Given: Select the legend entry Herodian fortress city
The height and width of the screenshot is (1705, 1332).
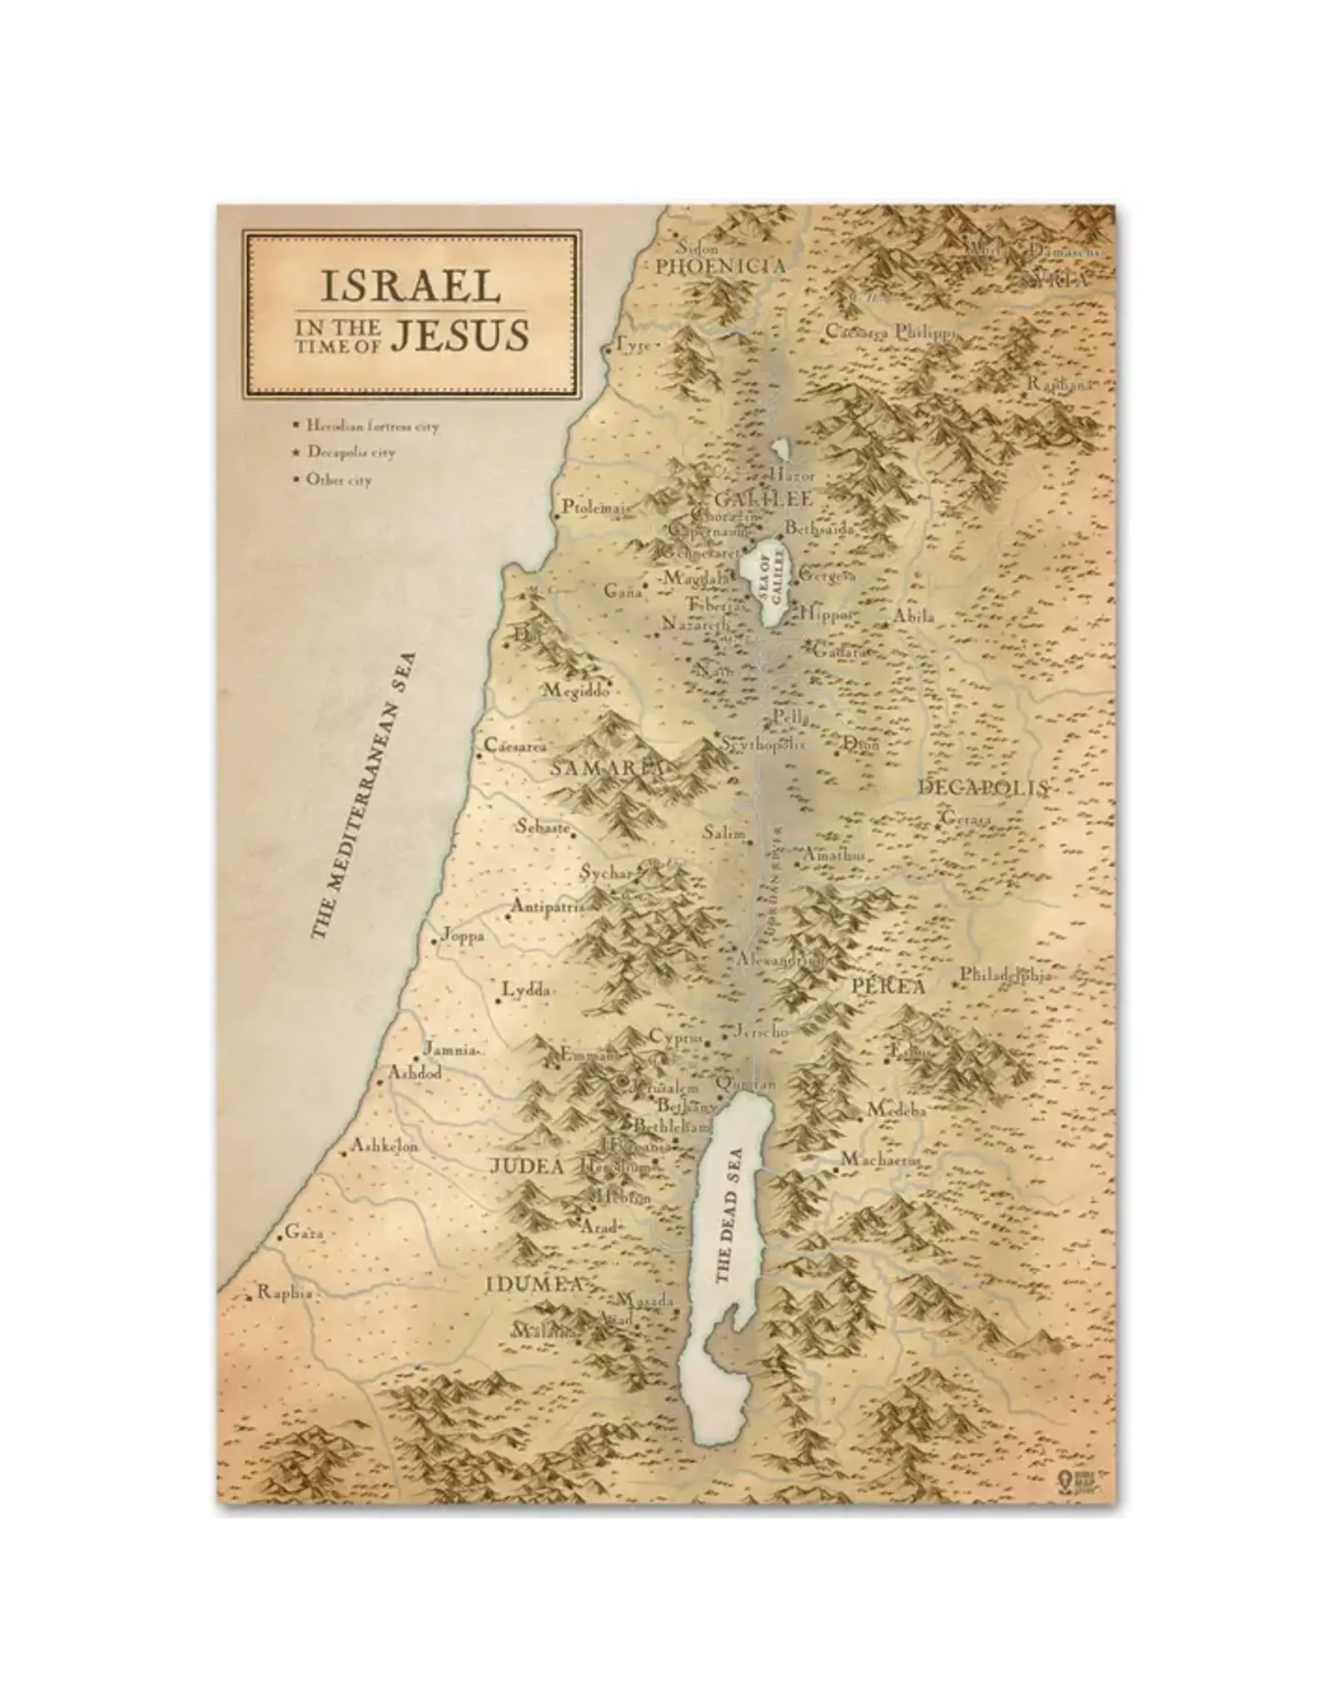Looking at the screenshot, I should (371, 425).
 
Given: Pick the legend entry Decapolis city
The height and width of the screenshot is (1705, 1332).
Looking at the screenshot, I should (350, 452).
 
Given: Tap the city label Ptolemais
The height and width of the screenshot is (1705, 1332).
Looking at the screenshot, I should (594, 506).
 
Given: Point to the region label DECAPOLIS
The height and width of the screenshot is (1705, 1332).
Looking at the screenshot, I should (982, 787).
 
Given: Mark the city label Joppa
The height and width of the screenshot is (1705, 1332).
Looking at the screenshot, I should (464, 935).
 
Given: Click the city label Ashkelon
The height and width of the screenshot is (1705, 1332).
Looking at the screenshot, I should (385, 1146).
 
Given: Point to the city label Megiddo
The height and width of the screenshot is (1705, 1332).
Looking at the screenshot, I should (577, 690).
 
